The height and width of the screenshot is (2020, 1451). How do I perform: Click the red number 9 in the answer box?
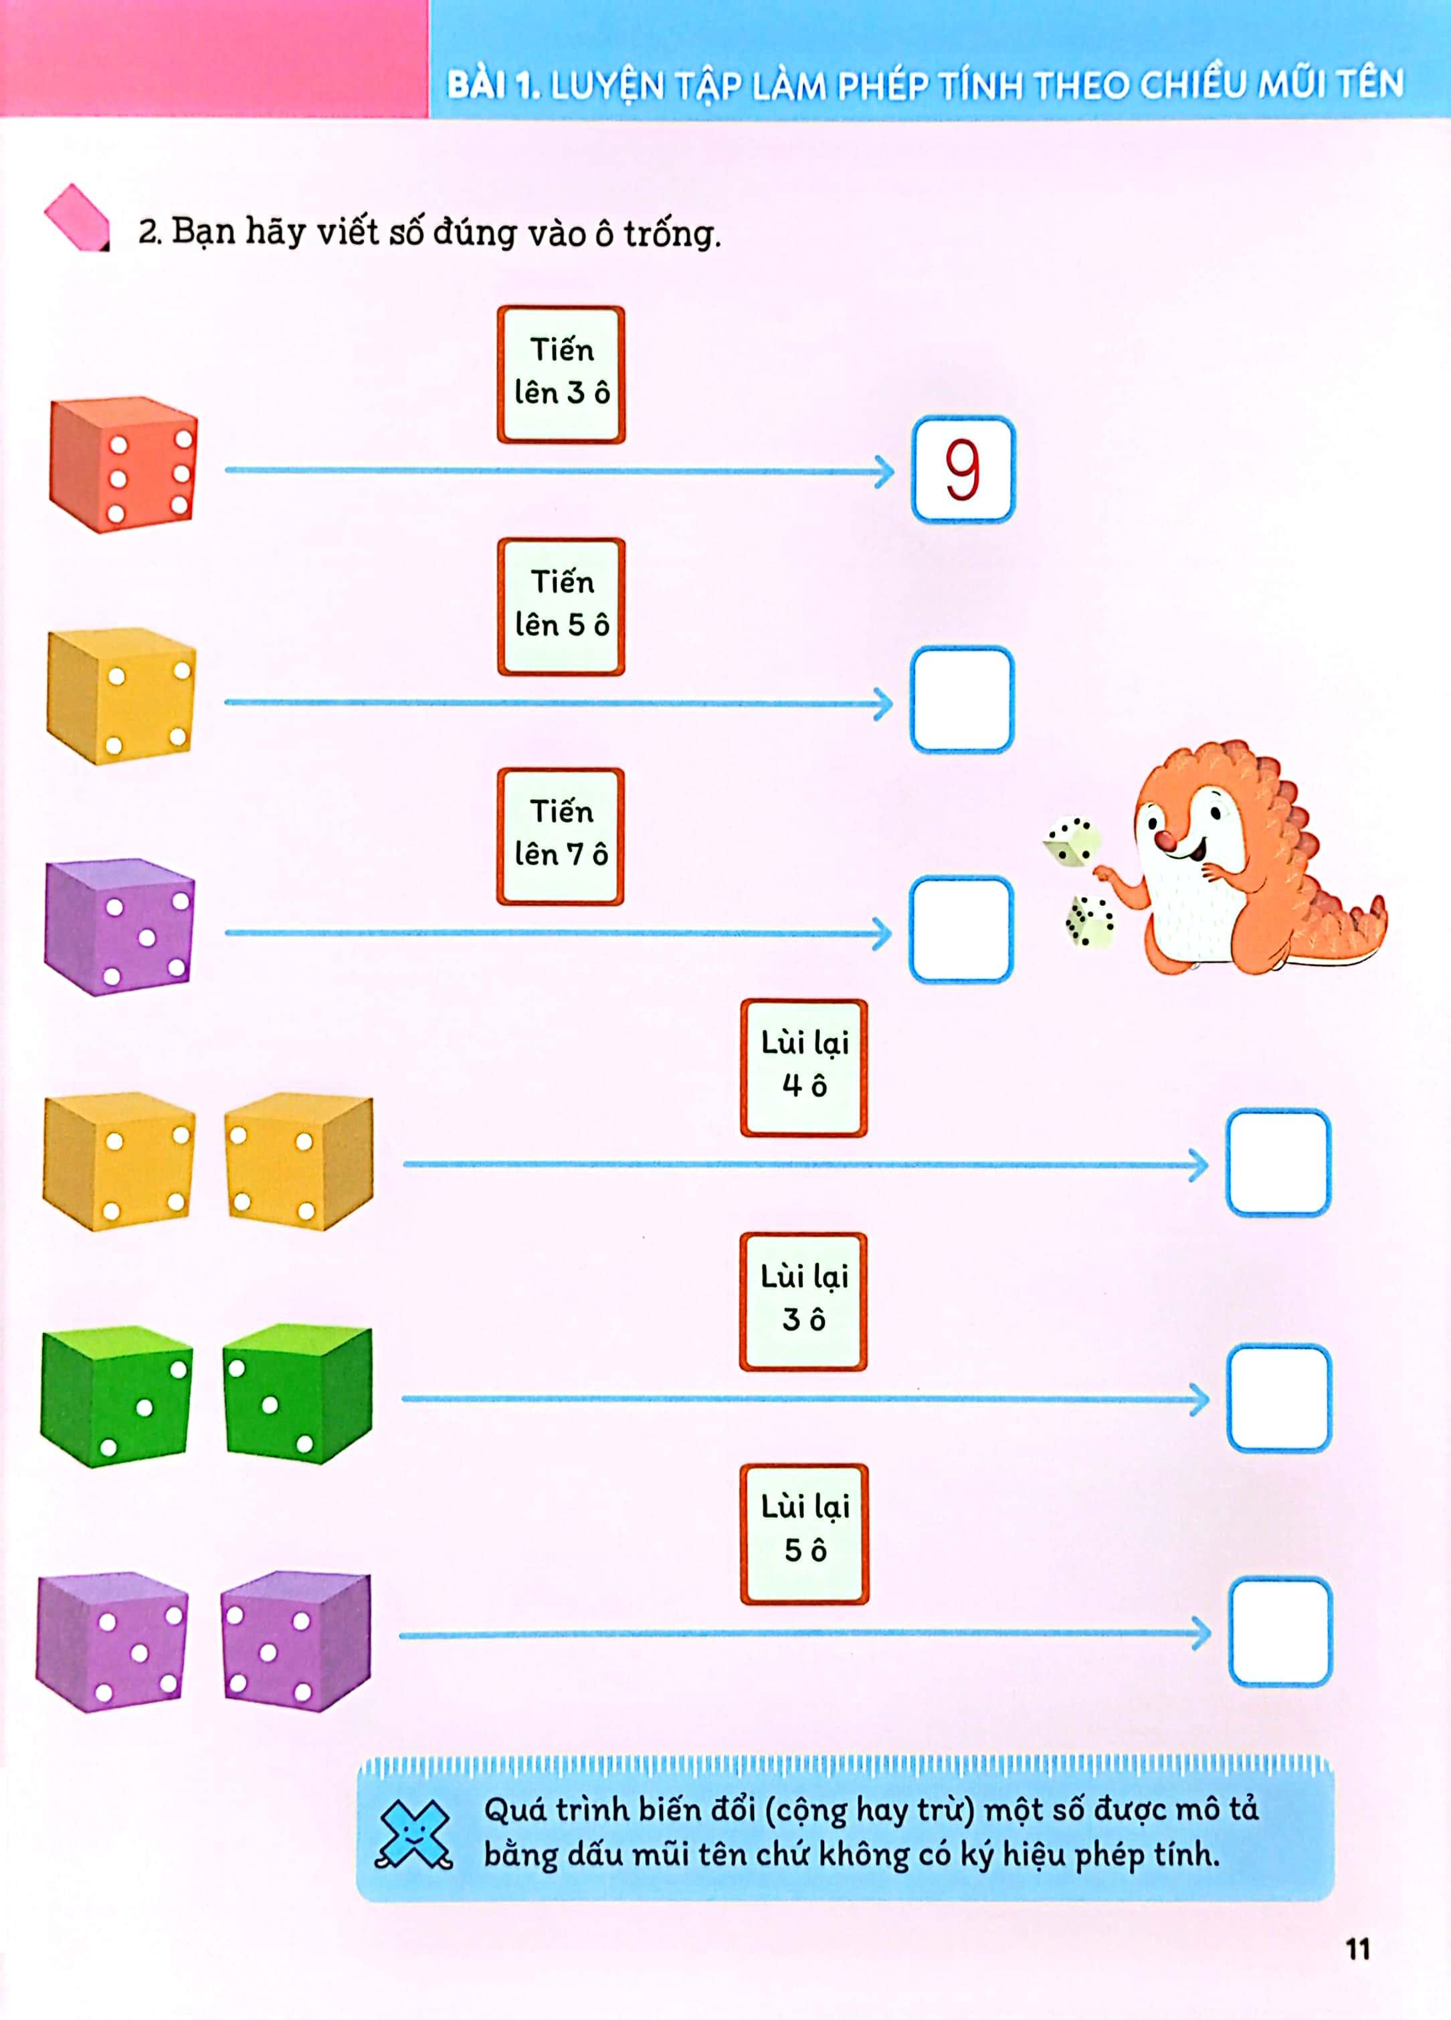[962, 469]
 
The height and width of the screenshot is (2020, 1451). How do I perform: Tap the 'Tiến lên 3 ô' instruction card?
[561, 374]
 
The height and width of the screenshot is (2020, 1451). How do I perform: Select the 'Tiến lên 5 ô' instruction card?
[561, 606]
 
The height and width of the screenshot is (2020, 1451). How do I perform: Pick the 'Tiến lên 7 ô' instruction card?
[561, 837]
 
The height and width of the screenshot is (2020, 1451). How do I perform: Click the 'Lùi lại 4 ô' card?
[804, 1067]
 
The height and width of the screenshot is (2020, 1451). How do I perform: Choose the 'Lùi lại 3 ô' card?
[803, 1301]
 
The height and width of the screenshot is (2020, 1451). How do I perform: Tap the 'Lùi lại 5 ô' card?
[804, 1533]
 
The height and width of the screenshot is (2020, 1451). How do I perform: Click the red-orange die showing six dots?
[123, 464]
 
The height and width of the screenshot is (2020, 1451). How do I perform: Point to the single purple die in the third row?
[119, 926]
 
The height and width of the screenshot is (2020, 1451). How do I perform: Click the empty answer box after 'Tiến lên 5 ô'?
[961, 699]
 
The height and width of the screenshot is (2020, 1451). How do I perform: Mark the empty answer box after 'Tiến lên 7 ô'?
[961, 929]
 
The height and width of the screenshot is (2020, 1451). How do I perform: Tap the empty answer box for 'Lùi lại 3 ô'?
[1279, 1398]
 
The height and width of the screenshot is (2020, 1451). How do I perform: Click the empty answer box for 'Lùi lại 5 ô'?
[1281, 1632]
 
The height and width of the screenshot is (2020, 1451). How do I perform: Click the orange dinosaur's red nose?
[1165, 840]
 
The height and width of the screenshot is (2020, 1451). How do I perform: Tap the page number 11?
[1357, 1950]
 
